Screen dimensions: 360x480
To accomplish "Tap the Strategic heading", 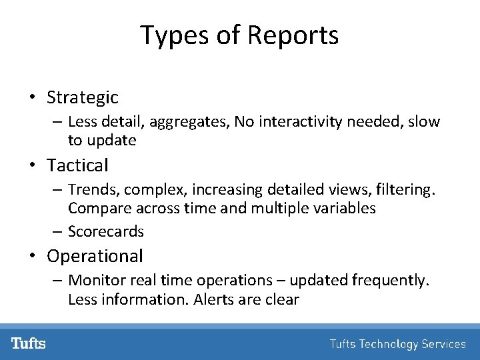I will point(82,97).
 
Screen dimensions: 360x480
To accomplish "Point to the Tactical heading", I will point(77,165).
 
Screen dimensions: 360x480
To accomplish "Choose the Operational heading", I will point(95,256).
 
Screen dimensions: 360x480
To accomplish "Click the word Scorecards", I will point(106,231).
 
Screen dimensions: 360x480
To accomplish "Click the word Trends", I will point(88,190).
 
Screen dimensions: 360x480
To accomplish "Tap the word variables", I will point(344,208).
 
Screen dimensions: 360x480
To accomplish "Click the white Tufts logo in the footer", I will point(28,343).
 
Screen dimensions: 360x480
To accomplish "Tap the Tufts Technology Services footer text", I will point(397,344).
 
